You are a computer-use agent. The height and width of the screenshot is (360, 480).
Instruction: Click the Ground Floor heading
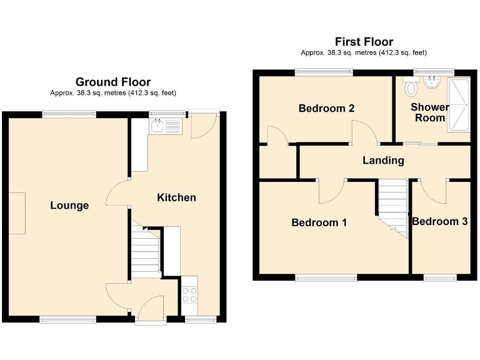click(113, 82)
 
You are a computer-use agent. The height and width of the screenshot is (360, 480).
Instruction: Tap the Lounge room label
click(69, 206)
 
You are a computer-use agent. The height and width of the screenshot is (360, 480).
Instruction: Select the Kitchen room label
click(176, 197)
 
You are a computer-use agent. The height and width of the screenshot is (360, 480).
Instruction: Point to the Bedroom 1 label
click(319, 222)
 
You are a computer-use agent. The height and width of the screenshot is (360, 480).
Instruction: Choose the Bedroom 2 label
click(326, 108)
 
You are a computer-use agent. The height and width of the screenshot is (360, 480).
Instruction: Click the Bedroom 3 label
click(440, 221)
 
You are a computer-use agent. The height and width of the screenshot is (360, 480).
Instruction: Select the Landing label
click(383, 161)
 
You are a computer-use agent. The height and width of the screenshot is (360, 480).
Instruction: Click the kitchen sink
click(165, 127)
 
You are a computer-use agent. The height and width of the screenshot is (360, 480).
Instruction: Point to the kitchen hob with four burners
click(189, 294)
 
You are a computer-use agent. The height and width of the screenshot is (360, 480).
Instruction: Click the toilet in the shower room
click(411, 89)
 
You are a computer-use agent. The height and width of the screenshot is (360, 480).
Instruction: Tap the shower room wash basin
click(432, 82)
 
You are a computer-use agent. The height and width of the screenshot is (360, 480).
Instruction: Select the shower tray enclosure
click(457, 105)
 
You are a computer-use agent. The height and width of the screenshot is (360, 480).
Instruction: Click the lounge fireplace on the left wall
click(17, 213)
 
